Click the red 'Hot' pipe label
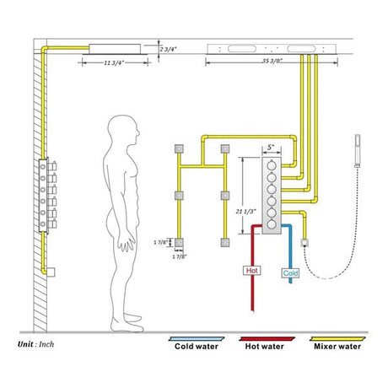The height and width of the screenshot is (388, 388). (251, 271)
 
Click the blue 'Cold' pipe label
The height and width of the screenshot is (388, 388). (291, 273)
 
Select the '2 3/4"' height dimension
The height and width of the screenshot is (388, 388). (169, 50)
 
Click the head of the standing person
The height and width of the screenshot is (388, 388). (124, 132)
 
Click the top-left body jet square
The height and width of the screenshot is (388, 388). (179, 149)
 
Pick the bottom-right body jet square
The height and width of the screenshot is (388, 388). (224, 243)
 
